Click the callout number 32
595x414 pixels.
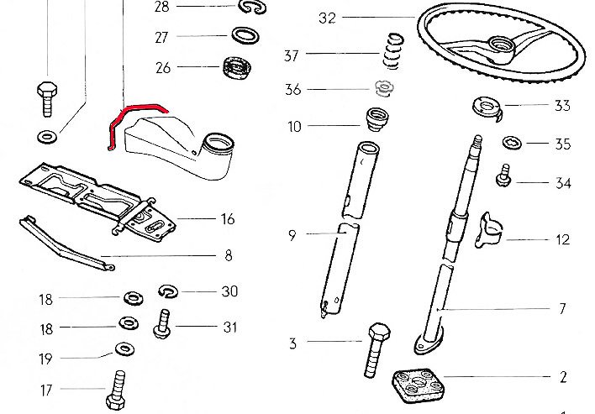click(328, 18)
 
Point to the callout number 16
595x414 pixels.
click(227, 219)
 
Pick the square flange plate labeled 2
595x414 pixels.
click(418, 386)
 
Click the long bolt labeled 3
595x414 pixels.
click(376, 349)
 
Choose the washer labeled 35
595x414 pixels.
click(512, 143)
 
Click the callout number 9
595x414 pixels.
click(292, 235)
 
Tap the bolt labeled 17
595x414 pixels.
click(116, 390)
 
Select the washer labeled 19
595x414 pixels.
click(124, 348)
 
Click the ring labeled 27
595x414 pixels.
click(244, 36)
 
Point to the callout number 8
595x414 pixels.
click(228, 255)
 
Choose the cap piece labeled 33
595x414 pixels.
click(485, 107)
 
